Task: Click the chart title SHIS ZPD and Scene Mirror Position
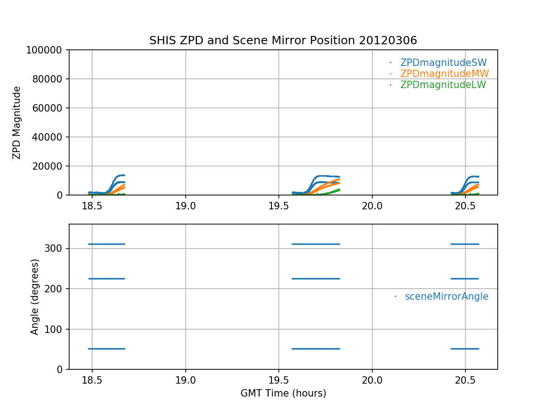[x=283, y=41]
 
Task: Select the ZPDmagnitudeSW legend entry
[x=443, y=63]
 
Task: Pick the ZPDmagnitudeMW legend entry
[x=444, y=74]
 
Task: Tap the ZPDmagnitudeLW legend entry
[x=443, y=85]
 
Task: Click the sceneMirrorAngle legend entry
[x=446, y=296]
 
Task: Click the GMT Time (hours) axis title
[x=283, y=393]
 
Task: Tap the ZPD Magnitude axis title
[x=17, y=122]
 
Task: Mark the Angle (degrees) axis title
[x=35, y=296]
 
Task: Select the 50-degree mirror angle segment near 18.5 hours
[x=106, y=349]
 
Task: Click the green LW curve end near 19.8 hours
[x=339, y=190]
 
